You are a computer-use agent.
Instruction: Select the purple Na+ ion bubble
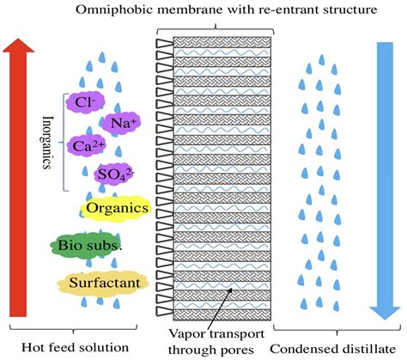(x=120, y=123)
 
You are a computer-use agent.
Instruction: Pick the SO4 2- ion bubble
(x=115, y=177)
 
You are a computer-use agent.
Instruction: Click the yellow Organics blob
(x=116, y=208)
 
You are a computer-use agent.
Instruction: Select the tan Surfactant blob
(x=100, y=281)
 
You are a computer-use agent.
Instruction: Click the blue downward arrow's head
(x=386, y=306)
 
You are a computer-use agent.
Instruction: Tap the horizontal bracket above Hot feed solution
(x=72, y=329)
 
